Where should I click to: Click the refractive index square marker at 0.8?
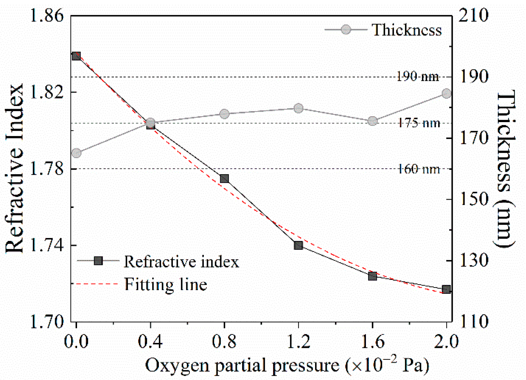coord(224,179)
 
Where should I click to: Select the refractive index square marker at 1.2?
coord(298,245)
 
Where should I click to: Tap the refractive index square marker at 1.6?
coord(372,276)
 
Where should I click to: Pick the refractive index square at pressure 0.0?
coord(76,56)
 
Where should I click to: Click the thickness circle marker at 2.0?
coord(446,94)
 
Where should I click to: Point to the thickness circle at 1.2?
coord(298,108)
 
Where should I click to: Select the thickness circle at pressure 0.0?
coord(76,153)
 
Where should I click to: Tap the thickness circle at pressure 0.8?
coord(224,114)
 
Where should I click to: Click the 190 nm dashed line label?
coord(418,77)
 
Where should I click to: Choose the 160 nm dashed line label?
coord(419,169)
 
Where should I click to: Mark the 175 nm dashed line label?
coord(419,123)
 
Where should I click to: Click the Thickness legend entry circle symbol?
coord(346,29)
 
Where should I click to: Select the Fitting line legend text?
coord(165,284)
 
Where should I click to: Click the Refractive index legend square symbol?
coord(98,261)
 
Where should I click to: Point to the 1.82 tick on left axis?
coord(47,92)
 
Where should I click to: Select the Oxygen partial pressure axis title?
coord(287,365)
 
